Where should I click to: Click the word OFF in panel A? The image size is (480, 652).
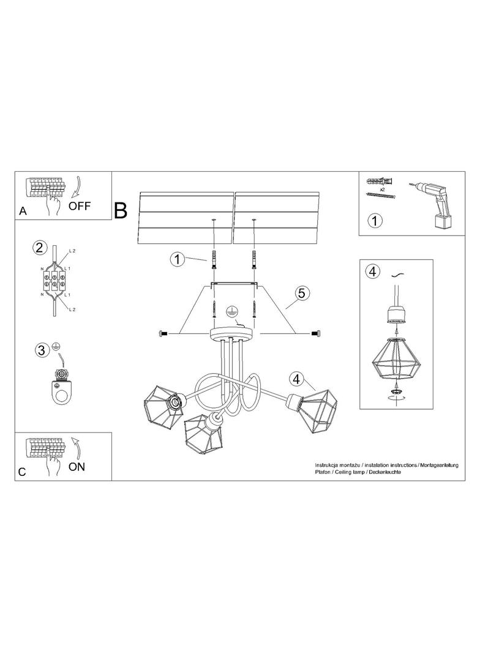(79, 206)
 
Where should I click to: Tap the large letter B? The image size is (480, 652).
(121, 210)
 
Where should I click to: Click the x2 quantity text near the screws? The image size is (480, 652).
(381, 190)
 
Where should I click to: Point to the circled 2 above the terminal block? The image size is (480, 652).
(39, 248)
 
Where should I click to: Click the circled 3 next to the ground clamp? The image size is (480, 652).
(41, 350)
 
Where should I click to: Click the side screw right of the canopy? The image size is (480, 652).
(315, 333)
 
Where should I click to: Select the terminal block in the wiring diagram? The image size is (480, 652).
(54, 282)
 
